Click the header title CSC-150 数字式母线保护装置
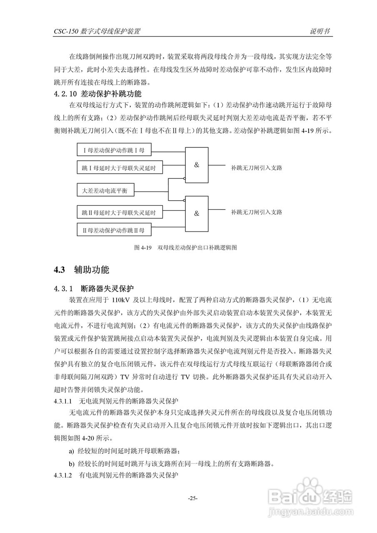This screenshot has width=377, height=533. pyautogui.click(x=97, y=32)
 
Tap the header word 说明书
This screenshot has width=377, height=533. pyautogui.click(x=320, y=32)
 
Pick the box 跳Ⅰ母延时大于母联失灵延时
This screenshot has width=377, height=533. pyautogui.click(x=119, y=168)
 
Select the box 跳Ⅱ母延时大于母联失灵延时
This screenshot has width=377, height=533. pyautogui.click(x=119, y=213)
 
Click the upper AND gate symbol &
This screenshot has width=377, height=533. pyautogui.click(x=197, y=165)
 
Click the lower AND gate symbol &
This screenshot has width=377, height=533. pyautogui.click(x=197, y=213)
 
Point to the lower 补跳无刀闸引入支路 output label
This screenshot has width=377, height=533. pyautogui.click(x=257, y=212)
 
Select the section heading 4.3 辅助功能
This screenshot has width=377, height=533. pyautogui.click(x=82, y=270)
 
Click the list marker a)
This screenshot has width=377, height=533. pyautogui.click(x=72, y=451)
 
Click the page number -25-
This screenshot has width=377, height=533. pyautogui.click(x=192, y=498)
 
